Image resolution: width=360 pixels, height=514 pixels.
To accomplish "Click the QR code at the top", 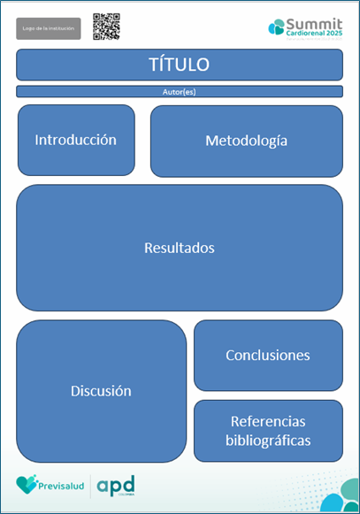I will [106, 27].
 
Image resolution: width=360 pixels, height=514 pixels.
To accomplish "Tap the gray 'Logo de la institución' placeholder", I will [48, 28].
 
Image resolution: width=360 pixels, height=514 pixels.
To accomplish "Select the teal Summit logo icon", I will [276, 27].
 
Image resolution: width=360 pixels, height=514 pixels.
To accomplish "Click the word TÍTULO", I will [179, 65].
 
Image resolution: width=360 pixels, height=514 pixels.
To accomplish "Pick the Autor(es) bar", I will [179, 91].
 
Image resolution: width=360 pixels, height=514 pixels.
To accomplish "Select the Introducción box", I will [76, 140].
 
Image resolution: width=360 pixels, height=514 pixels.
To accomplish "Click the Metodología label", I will [246, 141].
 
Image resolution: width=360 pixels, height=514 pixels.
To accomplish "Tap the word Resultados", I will [179, 248].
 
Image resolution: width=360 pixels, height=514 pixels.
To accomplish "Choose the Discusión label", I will [101, 390].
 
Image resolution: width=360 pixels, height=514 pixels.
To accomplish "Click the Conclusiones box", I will [267, 355].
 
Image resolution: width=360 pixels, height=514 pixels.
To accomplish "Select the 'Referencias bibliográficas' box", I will [267, 430].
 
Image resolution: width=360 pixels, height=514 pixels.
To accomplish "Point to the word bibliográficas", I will [268, 440].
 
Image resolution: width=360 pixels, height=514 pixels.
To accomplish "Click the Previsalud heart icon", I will [27, 484].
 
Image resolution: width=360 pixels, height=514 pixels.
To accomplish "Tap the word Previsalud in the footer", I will [62, 486].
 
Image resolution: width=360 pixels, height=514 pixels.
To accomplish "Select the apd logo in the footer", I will [115, 485].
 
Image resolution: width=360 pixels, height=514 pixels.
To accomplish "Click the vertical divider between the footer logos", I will [90, 485].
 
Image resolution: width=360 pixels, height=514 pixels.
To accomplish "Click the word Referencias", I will [268, 421].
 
